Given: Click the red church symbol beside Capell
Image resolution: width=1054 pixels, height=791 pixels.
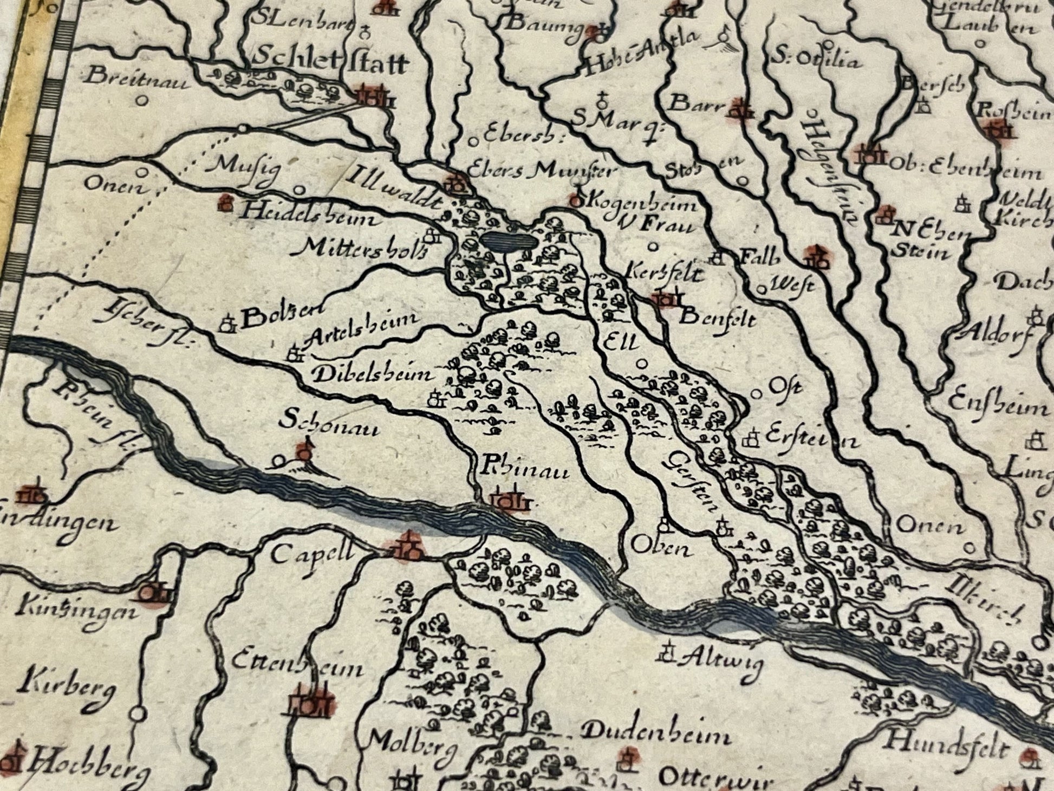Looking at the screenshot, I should (408, 546).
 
